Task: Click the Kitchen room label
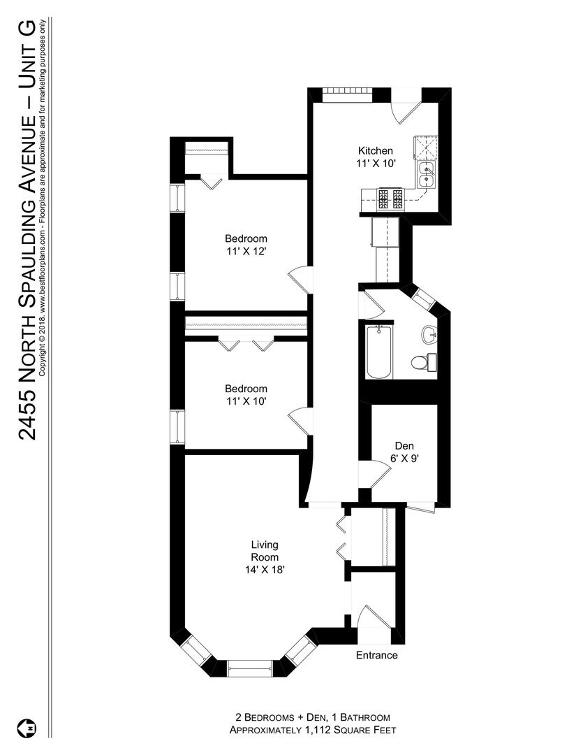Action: pos(375,151)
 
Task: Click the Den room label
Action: pos(404,445)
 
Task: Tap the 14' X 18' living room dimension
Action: pos(265,570)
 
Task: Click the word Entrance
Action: pos(376,655)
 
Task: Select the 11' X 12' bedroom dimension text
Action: pos(245,250)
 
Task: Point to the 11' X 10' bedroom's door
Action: pos(297,418)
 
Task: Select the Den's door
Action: pos(371,477)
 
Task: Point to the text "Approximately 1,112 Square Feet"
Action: pos(311,730)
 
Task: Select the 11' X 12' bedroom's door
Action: pos(299,281)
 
